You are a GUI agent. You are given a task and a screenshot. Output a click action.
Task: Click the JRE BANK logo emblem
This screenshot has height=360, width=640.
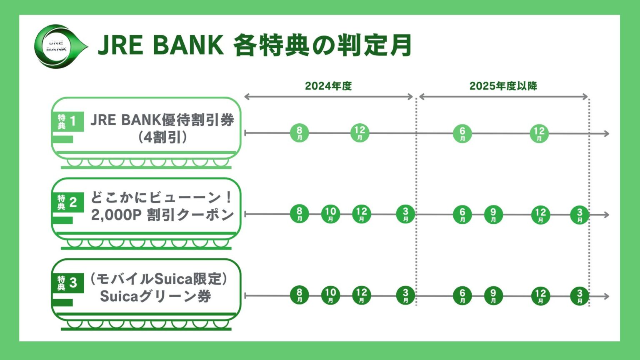coord(57,46)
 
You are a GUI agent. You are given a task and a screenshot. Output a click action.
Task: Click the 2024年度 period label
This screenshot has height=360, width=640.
coord(328,86)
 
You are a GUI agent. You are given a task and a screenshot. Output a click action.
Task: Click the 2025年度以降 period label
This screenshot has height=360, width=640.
coord(503,86)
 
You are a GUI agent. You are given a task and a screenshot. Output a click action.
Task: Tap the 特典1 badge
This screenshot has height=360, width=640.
coord(67,122)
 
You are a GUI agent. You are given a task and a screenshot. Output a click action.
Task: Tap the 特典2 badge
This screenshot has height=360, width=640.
coord(67,202)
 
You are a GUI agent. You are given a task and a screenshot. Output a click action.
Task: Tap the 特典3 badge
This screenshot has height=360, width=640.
coord(67,283)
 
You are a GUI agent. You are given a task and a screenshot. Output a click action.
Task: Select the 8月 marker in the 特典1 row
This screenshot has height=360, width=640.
coord(299,133)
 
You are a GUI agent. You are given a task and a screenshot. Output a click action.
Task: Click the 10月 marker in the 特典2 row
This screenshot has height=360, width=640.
coord(330,214)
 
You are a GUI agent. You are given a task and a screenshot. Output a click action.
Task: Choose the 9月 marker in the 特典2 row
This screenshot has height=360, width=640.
coord(493,215)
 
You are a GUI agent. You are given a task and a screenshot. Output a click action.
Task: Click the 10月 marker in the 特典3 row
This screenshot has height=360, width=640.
coord(330,295)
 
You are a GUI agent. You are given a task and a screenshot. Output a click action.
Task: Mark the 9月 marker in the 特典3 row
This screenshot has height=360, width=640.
coord(493,296)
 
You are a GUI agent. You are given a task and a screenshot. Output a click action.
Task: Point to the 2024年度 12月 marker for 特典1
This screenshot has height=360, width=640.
coord(360,133)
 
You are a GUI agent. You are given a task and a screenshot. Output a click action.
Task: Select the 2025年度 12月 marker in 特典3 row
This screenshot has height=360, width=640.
coord(540,296)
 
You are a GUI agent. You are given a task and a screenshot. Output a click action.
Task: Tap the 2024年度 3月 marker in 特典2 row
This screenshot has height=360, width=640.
coord(405,214)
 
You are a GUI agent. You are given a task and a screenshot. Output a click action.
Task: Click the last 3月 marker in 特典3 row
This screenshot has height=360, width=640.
coord(580,296)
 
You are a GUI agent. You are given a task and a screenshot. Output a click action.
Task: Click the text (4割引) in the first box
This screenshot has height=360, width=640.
coord(162,138)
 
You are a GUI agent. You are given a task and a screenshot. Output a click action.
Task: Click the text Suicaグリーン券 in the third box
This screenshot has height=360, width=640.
coord(155,297)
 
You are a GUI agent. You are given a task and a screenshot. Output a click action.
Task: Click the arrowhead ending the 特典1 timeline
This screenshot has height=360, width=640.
coord(606,134)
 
